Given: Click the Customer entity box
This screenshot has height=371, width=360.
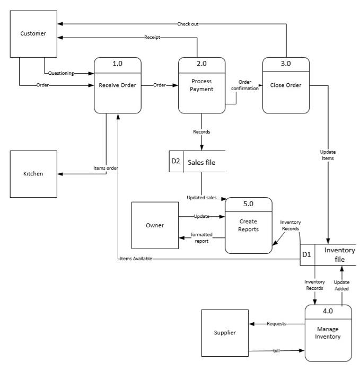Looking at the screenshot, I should point(33,34).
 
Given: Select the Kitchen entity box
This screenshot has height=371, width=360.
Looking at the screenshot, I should point(33,174).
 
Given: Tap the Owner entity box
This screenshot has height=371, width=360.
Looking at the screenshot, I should point(155,226).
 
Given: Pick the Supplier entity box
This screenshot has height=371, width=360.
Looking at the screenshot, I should point(225,333).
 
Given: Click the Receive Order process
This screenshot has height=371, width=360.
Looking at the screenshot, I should point(118,85).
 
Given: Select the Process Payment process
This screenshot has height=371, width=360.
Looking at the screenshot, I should point(201,85).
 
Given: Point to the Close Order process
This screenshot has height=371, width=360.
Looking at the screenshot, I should point(286,85).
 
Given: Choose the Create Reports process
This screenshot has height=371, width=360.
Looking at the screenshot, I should point(249,225).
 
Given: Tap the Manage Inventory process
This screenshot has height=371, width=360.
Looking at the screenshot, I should point(328,332).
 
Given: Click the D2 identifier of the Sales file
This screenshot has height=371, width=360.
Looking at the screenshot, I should point(176,162).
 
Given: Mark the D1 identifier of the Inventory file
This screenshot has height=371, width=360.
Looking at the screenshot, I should point(307,254).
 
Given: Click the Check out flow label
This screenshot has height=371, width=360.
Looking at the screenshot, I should point(188,24).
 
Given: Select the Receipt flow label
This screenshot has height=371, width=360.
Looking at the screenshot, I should point(153,38).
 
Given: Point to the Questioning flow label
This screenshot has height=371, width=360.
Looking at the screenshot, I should point(61,73).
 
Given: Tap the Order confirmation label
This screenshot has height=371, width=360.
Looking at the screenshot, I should point(244,85).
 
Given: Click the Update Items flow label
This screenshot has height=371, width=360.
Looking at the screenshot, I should point(328,155).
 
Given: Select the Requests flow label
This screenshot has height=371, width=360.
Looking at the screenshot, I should point(276,323).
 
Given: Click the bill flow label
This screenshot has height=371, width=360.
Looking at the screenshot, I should point(276,351).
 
